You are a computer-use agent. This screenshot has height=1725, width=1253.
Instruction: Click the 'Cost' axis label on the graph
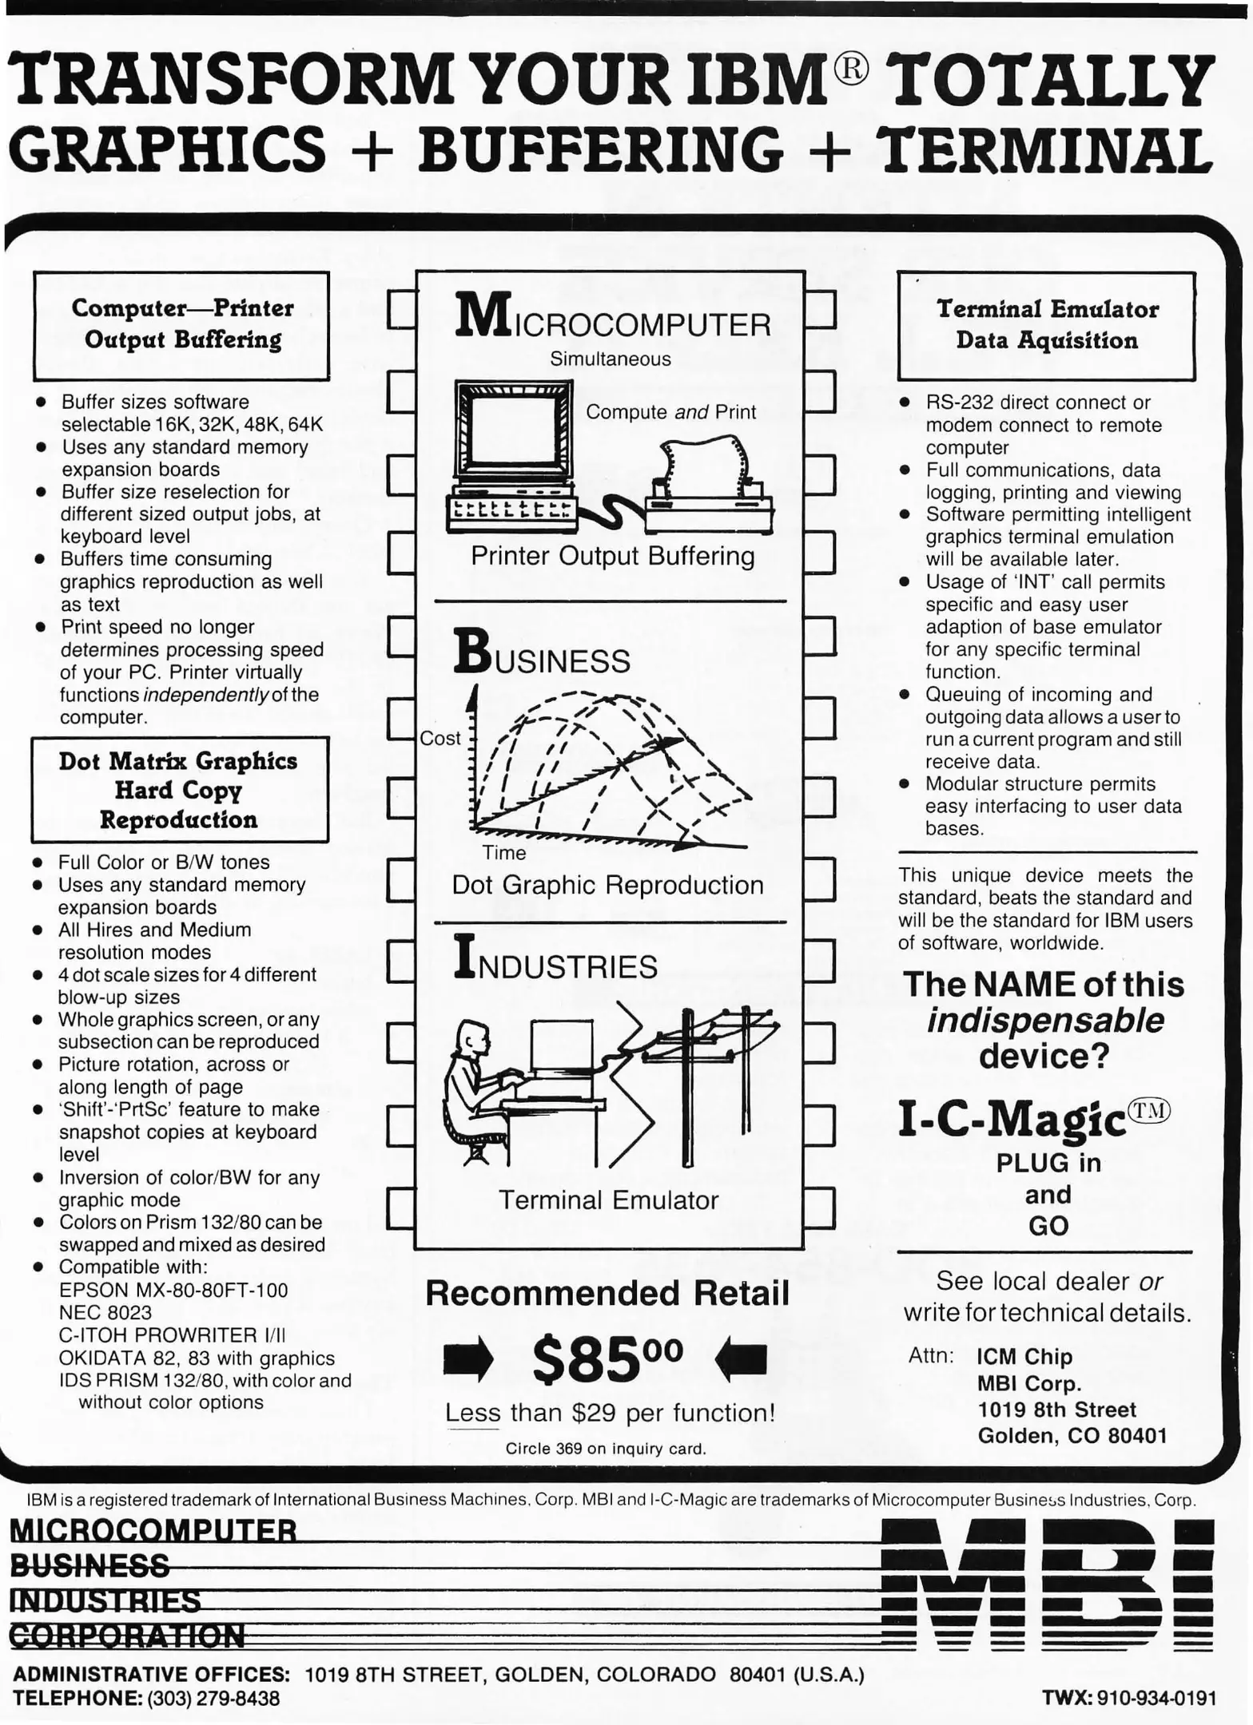440,738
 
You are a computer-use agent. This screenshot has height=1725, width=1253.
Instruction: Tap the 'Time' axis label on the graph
503,853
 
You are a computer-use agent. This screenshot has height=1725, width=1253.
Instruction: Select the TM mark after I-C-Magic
1150,1111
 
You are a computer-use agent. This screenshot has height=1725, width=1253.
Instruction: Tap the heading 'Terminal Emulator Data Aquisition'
1047,324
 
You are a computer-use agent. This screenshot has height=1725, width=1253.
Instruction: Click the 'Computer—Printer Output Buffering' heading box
181,324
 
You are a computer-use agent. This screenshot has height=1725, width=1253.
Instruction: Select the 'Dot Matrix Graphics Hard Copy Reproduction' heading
179,790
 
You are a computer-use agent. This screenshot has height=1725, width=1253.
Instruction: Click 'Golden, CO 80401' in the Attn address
1072,1436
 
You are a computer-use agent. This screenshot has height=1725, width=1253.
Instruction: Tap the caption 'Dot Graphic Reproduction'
607,885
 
